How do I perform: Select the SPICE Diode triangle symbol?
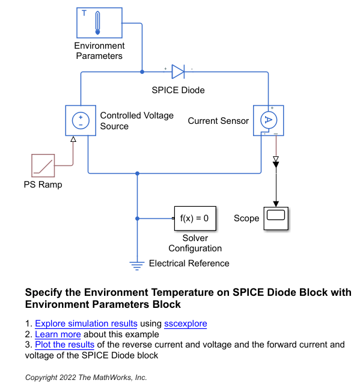click(x=178, y=72)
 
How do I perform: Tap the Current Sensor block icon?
click(x=268, y=120)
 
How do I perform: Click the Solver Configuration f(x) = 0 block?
click(x=194, y=219)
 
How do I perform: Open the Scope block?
click(x=276, y=218)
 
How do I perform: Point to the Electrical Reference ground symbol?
click(x=138, y=263)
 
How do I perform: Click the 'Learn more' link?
click(x=58, y=334)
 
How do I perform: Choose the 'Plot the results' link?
click(x=64, y=345)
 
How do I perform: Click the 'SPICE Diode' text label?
click(x=178, y=90)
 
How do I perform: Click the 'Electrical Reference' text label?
click(x=189, y=263)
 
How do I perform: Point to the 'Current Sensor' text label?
click(x=218, y=121)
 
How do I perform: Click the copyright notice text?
click(x=86, y=378)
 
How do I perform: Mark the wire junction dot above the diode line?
click(x=142, y=72)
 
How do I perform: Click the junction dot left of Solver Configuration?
click(x=138, y=218)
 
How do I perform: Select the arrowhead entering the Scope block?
click(x=276, y=203)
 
